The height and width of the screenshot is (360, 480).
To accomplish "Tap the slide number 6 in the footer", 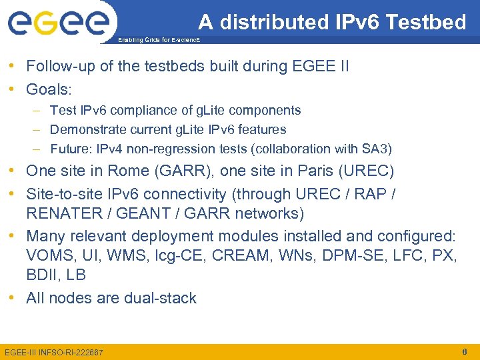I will pos(465,351).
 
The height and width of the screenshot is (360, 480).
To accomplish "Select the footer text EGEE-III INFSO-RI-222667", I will pos(54,351).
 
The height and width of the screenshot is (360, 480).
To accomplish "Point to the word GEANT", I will pos(143,213).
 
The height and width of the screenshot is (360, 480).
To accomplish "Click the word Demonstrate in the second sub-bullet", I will pos(92,129).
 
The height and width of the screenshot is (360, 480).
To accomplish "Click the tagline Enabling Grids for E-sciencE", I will pos(157,40).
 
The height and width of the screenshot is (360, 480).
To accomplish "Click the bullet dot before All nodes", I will pos(13,298).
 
